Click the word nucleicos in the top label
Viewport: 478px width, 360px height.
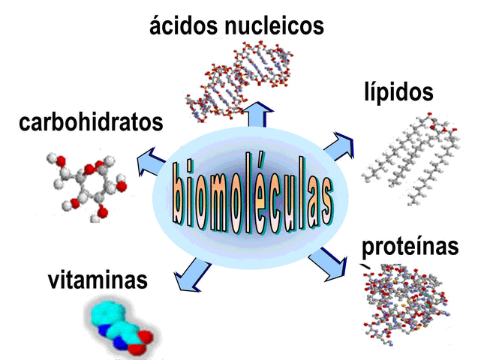point(275,27)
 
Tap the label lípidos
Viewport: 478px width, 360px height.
point(397,92)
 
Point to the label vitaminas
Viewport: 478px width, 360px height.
point(97,281)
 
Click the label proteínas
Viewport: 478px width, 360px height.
point(409,247)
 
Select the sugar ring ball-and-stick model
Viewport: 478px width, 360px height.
point(84,184)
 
